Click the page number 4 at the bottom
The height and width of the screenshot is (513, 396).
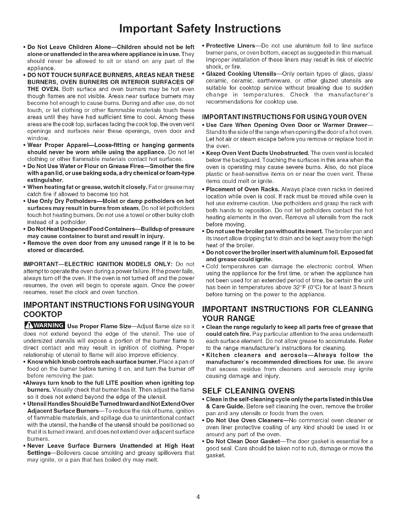click(198, 489)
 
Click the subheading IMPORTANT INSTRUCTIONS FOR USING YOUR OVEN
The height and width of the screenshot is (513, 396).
click(284, 117)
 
